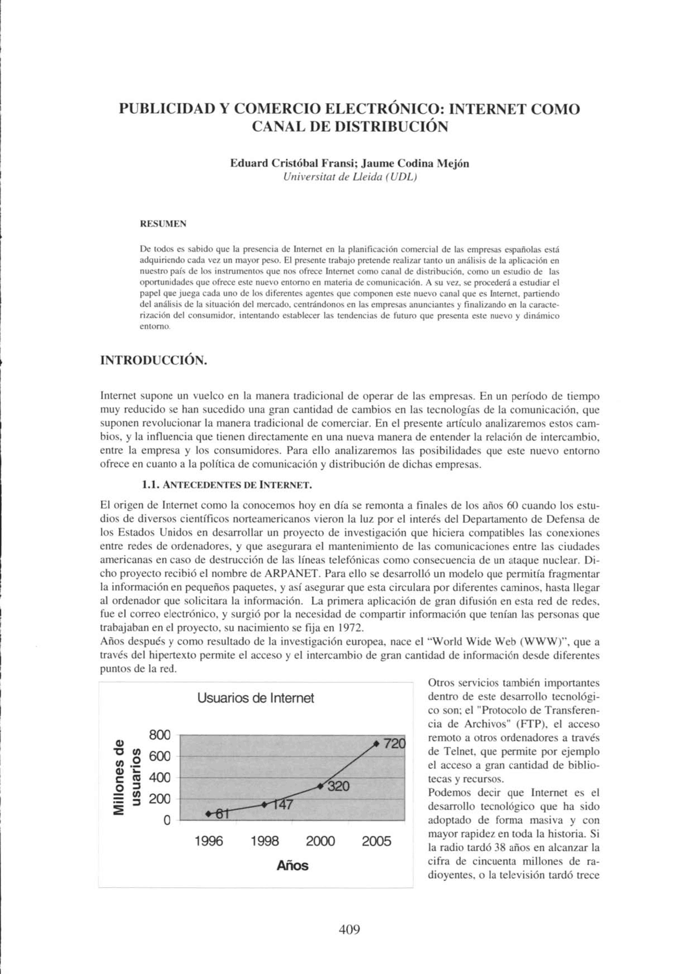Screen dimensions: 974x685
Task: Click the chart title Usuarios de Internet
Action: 255,698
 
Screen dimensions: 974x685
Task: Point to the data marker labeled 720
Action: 376,744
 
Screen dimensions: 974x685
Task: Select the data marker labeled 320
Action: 320,786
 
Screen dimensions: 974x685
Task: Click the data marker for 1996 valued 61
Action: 208,813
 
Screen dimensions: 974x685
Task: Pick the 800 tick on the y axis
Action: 159,735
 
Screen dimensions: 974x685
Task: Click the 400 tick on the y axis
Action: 159,778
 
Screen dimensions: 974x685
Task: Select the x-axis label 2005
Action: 376,841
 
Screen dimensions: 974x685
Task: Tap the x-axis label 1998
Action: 264,841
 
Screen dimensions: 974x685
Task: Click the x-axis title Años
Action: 292,865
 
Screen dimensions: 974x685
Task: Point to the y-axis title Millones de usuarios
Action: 127,777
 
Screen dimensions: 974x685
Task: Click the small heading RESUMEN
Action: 163,224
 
